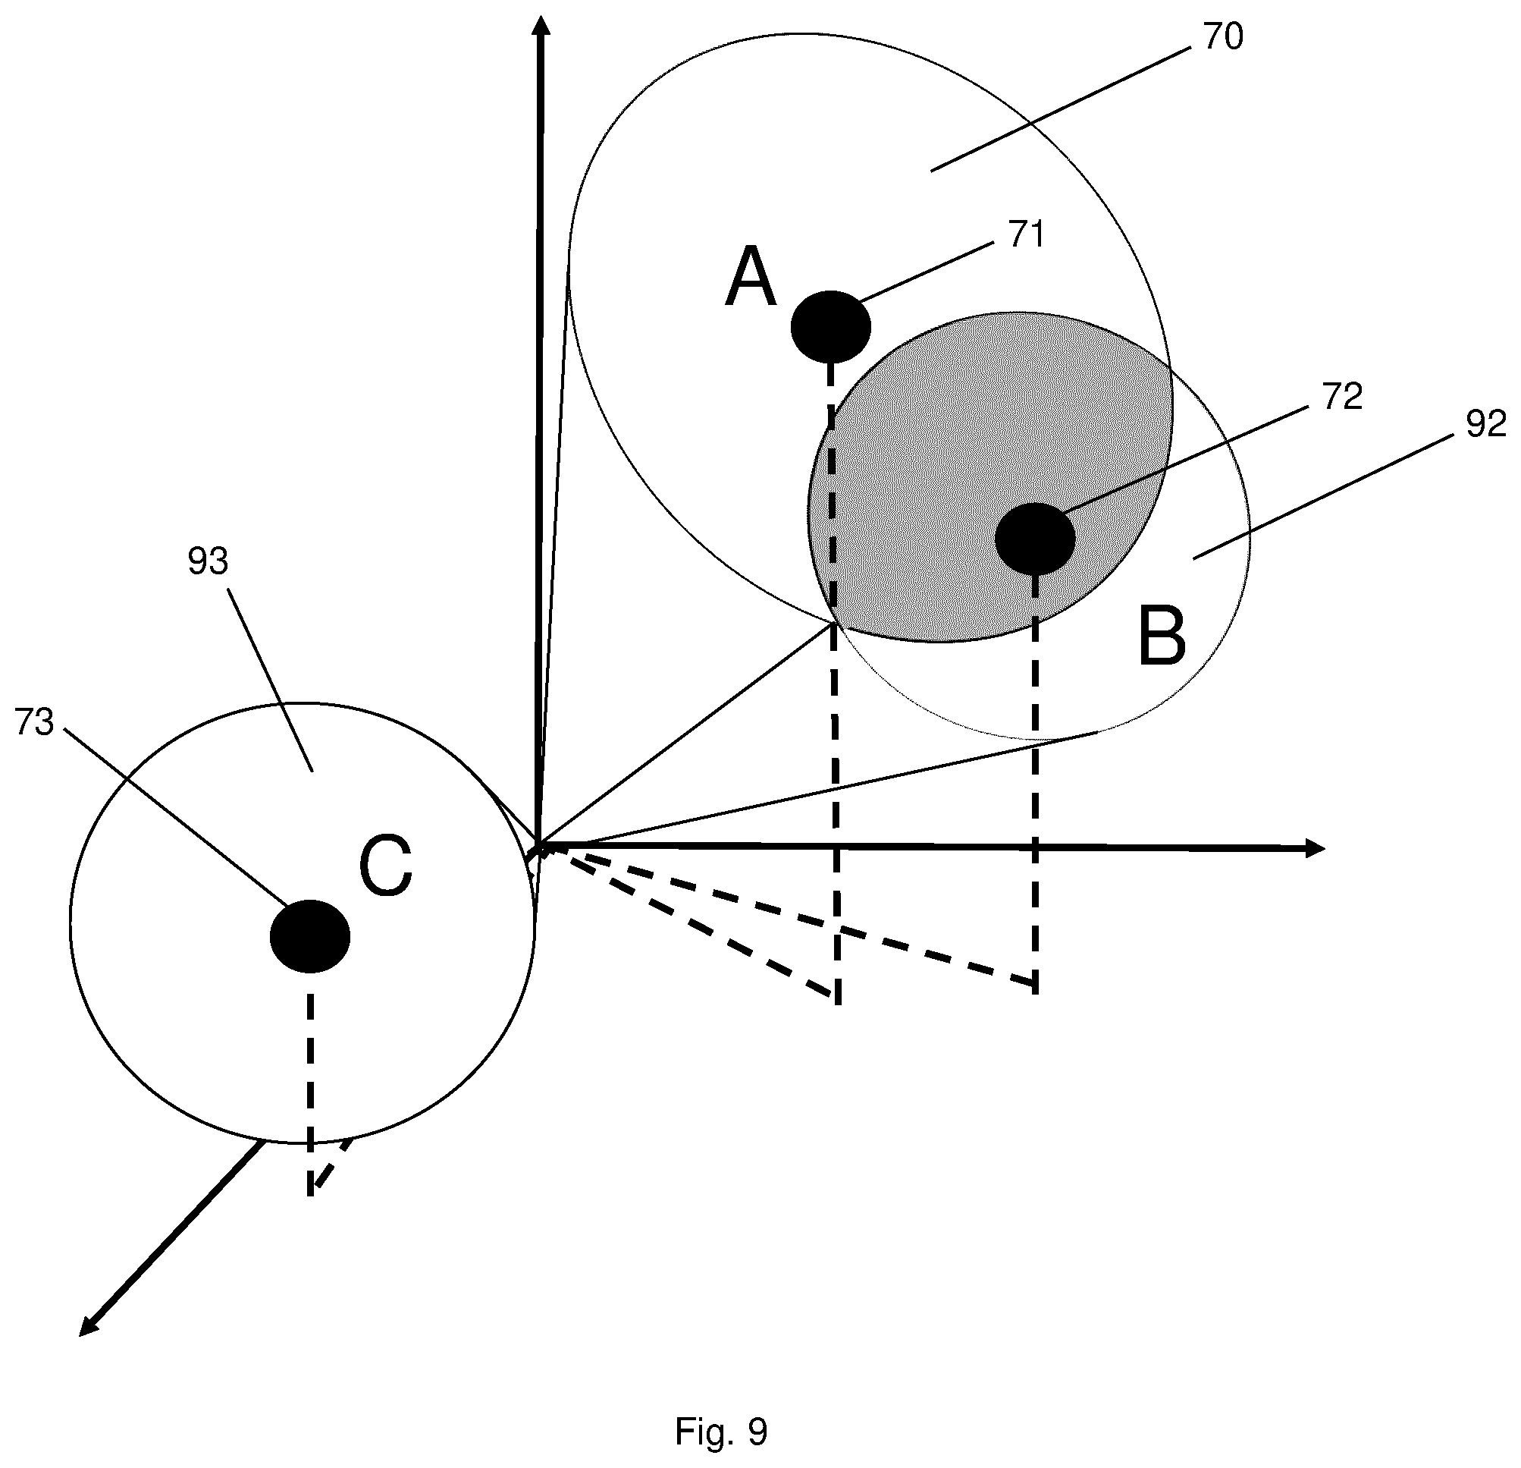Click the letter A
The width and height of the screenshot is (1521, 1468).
[x=751, y=277]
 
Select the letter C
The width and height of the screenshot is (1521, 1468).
[x=386, y=867]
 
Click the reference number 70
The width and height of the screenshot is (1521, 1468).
[x=1224, y=37]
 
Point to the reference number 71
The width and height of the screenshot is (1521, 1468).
[x=1027, y=234]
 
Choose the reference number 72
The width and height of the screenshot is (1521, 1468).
[x=1343, y=398]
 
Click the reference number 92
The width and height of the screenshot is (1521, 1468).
[x=1486, y=425]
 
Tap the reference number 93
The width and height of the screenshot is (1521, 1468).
[x=208, y=561]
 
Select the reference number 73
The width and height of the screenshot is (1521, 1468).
[x=34, y=723]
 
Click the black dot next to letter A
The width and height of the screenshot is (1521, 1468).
[x=831, y=327]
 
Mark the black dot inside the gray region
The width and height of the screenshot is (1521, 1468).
[x=1035, y=539]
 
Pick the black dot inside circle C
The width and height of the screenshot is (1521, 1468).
[x=310, y=936]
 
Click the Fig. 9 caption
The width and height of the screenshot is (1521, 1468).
[x=721, y=1432]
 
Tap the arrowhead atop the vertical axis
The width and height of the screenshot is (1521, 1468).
[x=543, y=27]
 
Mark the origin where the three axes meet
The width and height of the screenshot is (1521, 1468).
[x=538, y=845]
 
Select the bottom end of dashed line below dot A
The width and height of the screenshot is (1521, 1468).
[x=838, y=1004]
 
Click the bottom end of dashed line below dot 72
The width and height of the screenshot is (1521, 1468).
[x=1036, y=992]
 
